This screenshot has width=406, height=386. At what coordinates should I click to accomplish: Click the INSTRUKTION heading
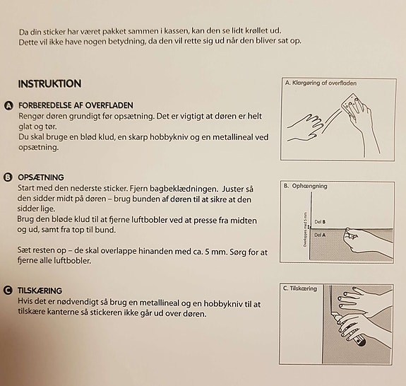[49, 83]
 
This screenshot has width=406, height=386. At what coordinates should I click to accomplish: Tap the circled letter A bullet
[8, 106]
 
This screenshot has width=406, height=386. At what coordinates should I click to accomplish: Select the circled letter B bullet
[8, 177]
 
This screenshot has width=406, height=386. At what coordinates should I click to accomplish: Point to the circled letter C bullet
[8, 291]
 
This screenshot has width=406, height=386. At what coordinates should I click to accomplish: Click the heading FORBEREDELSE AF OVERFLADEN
[76, 105]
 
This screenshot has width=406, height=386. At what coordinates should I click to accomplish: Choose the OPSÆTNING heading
[41, 177]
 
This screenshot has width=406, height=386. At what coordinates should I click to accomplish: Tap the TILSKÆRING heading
[40, 291]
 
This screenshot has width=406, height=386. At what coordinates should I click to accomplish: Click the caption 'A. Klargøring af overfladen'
[321, 83]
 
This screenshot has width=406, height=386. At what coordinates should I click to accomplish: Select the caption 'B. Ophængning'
[306, 186]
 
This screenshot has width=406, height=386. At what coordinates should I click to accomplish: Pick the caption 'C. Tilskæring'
[300, 288]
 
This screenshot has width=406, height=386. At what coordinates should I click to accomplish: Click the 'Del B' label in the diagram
[320, 222]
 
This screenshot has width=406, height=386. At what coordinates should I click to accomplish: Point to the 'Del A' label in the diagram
[320, 235]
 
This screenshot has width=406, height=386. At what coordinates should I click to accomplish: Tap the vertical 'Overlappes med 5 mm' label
[305, 230]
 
